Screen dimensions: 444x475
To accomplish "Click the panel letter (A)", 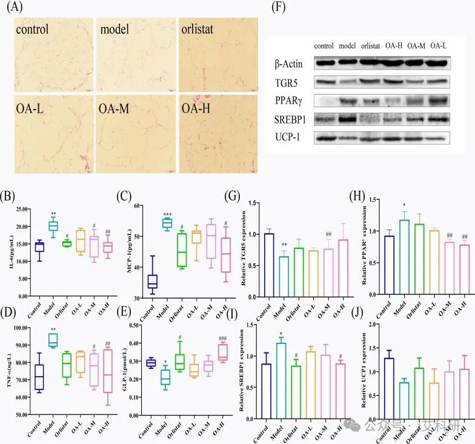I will (14, 8).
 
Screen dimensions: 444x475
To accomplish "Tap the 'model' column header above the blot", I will (347, 45).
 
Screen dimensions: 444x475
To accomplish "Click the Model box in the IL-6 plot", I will (53, 226).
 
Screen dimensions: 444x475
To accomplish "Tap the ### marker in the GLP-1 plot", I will (222, 338).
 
